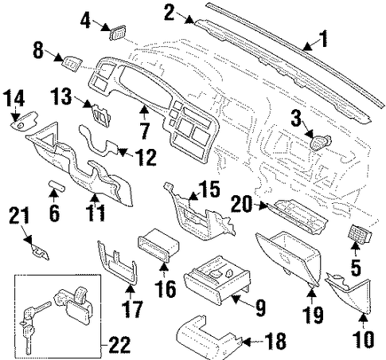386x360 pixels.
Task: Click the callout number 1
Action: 323,39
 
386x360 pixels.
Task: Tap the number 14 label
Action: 14,98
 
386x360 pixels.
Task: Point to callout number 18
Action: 276,341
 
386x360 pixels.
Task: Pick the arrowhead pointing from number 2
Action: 189,20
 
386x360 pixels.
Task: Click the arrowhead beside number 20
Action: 263,205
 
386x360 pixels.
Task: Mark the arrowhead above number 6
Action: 53,194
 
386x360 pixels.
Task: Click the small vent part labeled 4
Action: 118,33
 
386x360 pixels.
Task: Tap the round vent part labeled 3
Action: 321,143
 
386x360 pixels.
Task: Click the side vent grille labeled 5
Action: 360,233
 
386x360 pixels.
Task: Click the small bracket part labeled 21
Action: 41,253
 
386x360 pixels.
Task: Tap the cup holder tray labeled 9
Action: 217,280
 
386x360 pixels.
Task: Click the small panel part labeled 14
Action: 25,121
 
